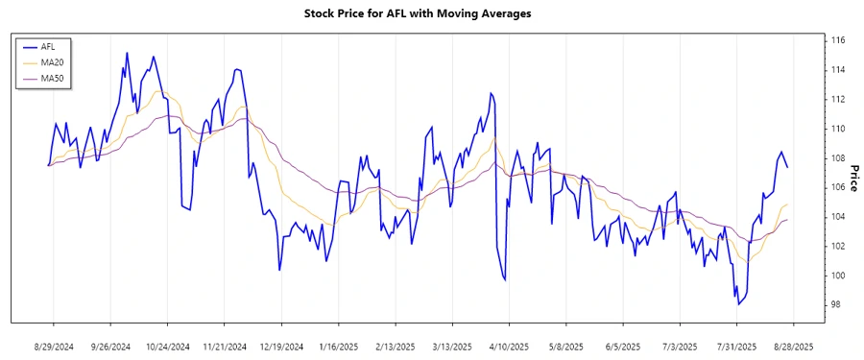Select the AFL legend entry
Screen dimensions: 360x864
(x=47, y=46)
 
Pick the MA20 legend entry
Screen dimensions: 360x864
(x=52, y=62)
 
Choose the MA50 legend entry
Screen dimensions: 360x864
(x=52, y=78)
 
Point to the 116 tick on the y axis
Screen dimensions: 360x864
(x=837, y=41)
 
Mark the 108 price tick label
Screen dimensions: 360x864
(x=837, y=158)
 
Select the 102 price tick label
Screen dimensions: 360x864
(x=837, y=247)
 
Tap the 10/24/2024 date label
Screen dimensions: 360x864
(x=167, y=346)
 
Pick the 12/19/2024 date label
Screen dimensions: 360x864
(x=281, y=346)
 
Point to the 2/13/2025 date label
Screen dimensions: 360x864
(x=395, y=346)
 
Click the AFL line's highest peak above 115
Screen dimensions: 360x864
(x=127, y=53)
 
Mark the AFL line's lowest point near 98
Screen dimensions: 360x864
(x=738, y=304)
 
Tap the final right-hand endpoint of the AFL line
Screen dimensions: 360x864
(x=788, y=167)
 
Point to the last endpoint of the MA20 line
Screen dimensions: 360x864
(x=788, y=204)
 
